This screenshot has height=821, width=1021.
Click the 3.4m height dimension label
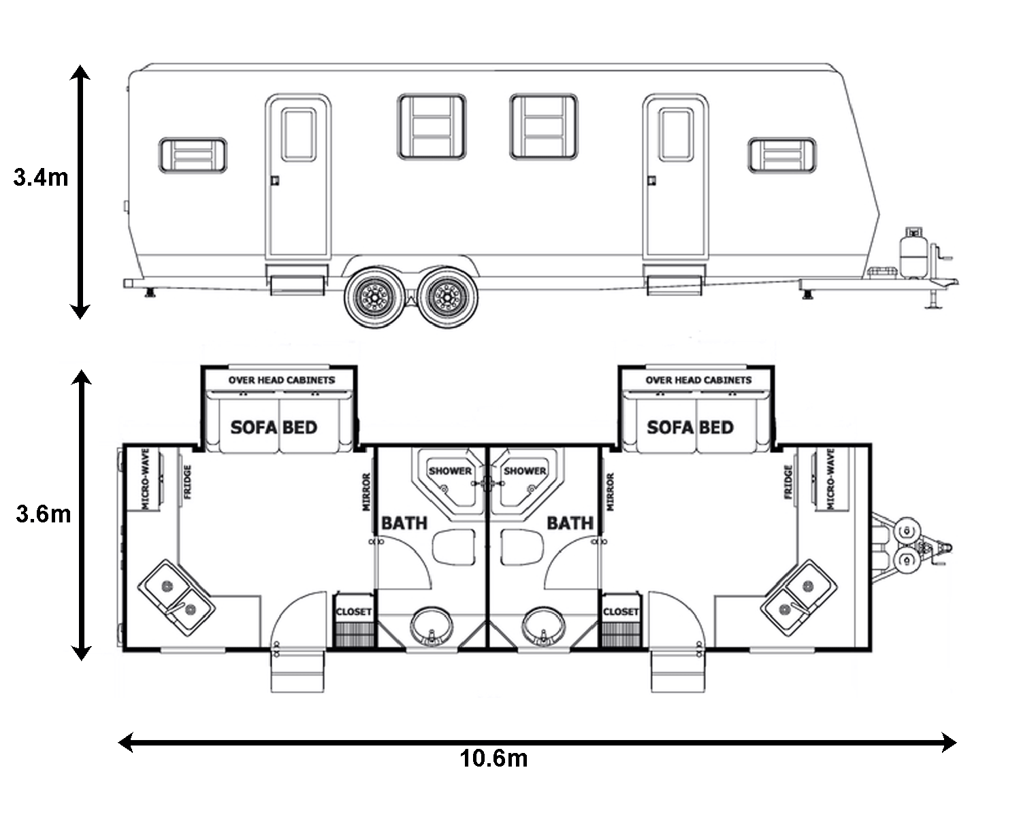pyautogui.click(x=41, y=178)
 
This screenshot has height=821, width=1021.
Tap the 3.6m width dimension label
pyautogui.click(x=43, y=514)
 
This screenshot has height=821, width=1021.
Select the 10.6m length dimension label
pyautogui.click(x=493, y=758)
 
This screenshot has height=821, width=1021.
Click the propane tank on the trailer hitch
pyautogui.click(x=913, y=253)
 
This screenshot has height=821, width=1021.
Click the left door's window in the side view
pyautogui.click(x=298, y=135)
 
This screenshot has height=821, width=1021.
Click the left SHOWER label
pyautogui.click(x=450, y=471)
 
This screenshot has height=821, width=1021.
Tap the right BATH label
pyautogui.click(x=570, y=523)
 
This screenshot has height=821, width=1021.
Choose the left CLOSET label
pyautogui.click(x=353, y=611)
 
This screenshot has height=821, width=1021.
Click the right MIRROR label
pyautogui.click(x=611, y=492)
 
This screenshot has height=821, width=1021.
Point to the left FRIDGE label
pyautogui.click(x=187, y=482)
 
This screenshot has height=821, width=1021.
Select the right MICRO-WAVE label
pyautogui.click(x=830, y=479)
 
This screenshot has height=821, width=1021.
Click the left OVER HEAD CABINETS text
pyautogui.click(x=282, y=380)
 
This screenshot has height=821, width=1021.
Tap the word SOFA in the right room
pyautogui.click(x=670, y=427)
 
